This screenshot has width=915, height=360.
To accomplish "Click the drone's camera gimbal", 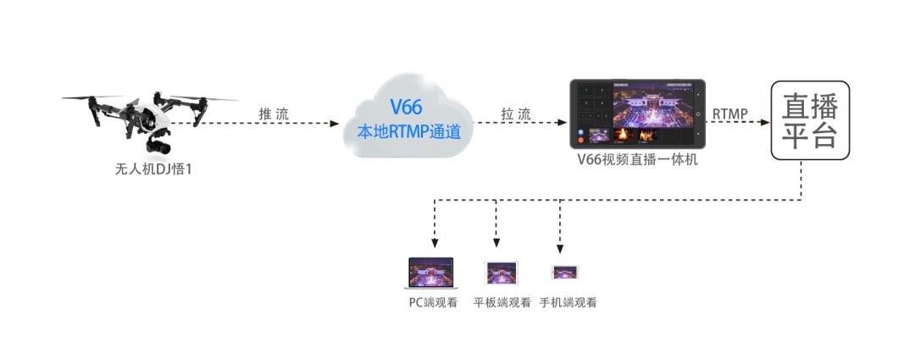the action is click(158, 143).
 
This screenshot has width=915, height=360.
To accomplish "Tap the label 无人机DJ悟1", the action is click(152, 170).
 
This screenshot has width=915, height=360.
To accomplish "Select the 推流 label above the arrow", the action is click(274, 114).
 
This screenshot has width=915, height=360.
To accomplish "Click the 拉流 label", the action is click(516, 114).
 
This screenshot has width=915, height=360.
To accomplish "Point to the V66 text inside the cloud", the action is click(406, 108).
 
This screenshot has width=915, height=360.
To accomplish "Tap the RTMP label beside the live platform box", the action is click(730, 114).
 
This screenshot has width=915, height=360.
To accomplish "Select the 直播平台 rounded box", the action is click(810, 120).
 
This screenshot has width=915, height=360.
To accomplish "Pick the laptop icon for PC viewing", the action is click(431, 273).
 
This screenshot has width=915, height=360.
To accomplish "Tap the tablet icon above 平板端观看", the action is click(502, 273).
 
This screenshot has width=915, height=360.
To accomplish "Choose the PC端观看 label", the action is click(434, 302).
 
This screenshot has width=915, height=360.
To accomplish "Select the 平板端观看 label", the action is click(502, 302).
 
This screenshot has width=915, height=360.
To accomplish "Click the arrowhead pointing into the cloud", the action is click(335, 123).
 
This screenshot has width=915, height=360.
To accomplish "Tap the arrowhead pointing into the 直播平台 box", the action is click(765, 123).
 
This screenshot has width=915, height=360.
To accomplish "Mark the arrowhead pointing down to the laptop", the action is click(434, 244).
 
